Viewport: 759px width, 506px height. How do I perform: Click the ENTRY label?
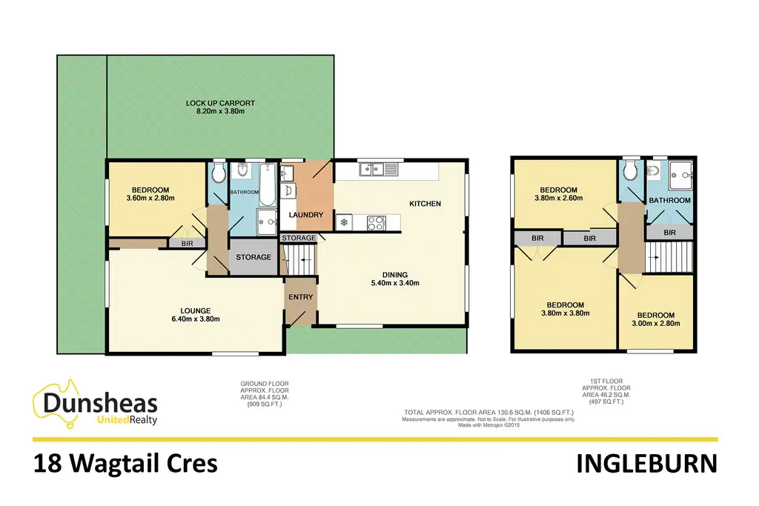301,297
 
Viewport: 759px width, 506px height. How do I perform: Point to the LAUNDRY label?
306,215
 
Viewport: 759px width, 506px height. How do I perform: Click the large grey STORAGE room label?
253,257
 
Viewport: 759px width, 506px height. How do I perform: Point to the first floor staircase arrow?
652,256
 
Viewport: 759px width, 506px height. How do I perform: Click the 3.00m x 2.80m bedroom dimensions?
654,323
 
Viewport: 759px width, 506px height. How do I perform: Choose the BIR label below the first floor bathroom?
669,233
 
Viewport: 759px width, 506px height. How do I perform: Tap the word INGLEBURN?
646,464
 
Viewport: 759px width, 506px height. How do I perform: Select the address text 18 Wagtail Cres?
125,464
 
